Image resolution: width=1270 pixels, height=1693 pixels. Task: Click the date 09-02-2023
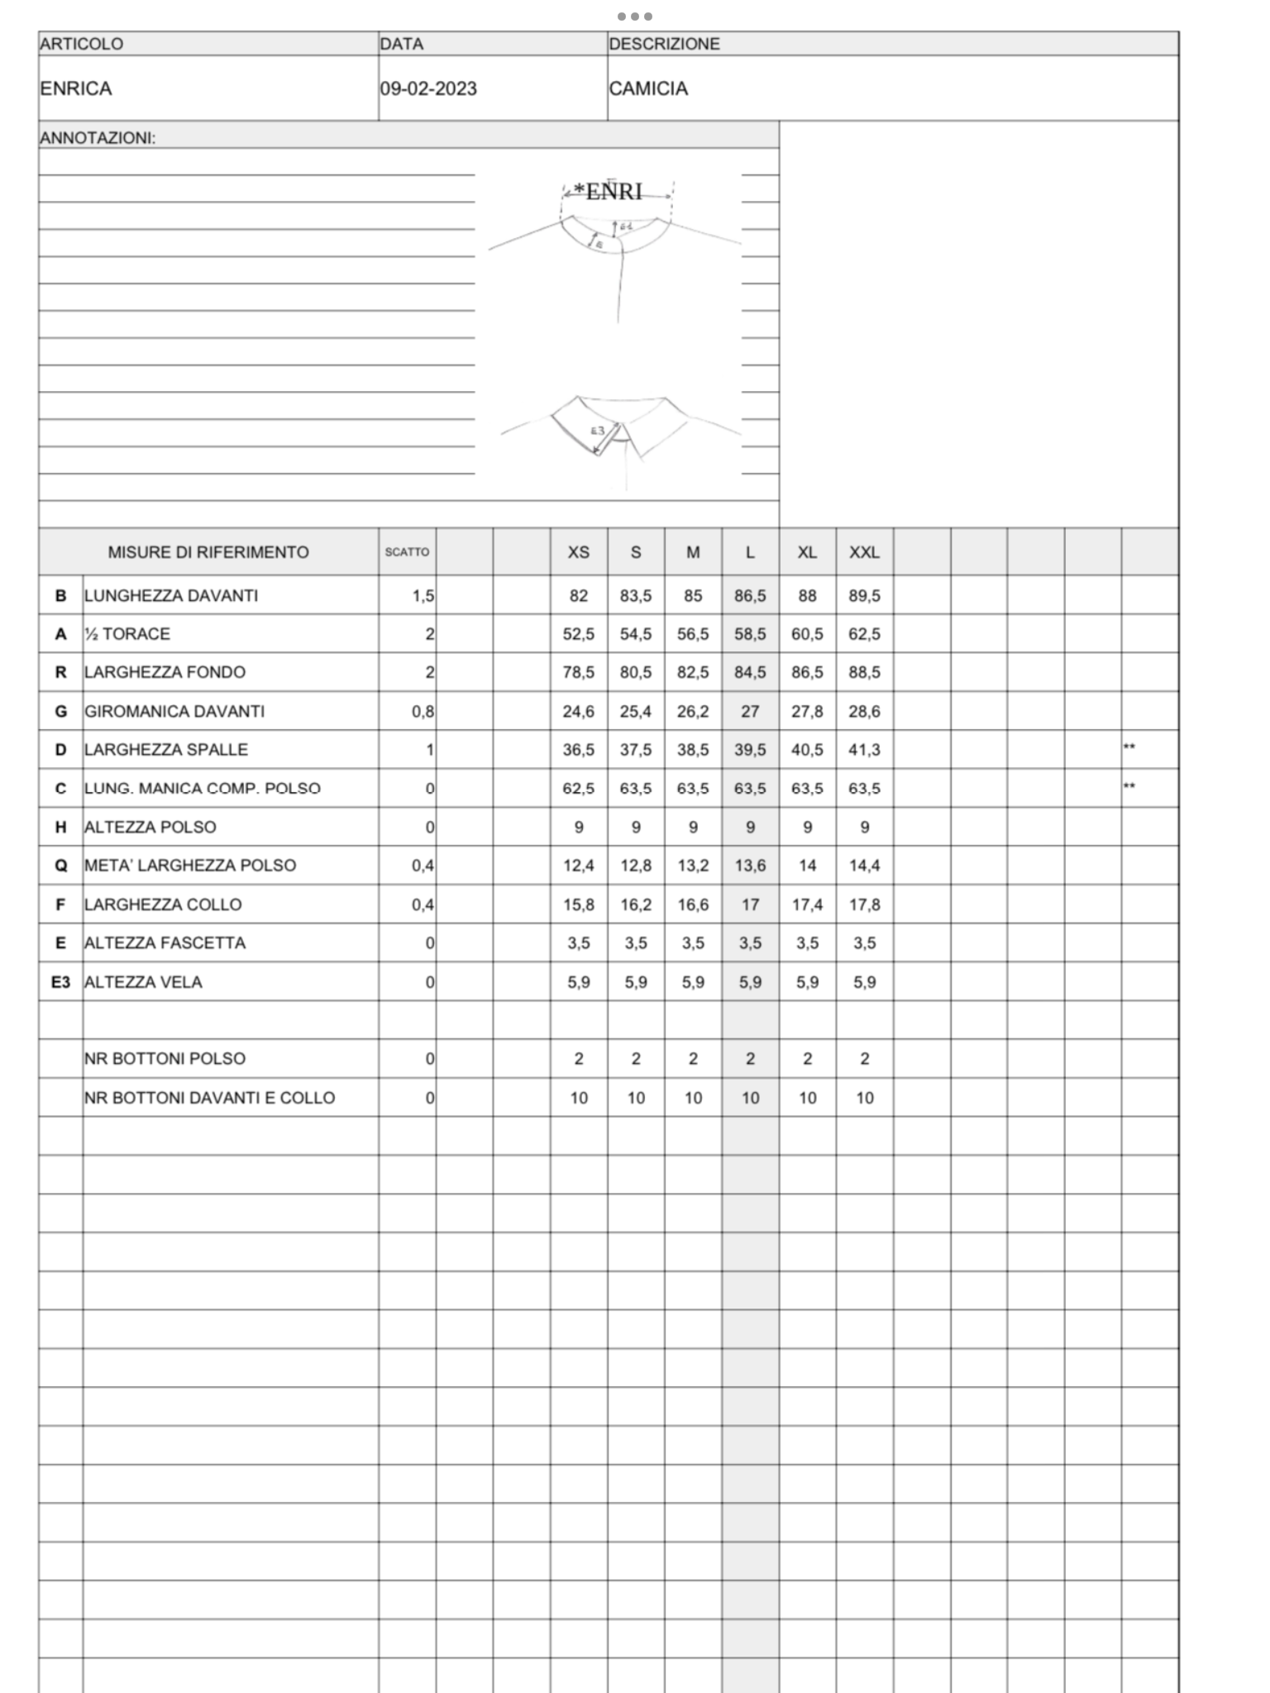point(428,88)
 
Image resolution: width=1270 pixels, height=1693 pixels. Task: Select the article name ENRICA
point(75,88)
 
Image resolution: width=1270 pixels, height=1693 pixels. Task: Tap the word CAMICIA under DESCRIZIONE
point(648,88)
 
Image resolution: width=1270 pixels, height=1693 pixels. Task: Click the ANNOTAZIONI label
point(98,138)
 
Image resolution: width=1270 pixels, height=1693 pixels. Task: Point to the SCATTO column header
point(407,552)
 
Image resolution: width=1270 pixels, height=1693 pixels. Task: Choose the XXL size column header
point(864,552)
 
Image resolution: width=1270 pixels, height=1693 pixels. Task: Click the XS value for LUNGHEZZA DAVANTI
point(579,596)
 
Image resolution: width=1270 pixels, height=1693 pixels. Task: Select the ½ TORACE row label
point(127,634)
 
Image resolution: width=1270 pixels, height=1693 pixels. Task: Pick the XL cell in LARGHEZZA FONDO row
point(807,672)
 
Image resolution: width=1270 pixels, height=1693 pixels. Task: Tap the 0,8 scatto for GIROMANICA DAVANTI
point(423,711)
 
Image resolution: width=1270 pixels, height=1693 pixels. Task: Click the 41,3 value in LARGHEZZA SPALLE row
point(864,750)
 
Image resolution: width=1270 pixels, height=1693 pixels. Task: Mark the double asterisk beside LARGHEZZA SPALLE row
point(1129,748)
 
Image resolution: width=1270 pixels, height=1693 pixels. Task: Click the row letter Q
point(60,866)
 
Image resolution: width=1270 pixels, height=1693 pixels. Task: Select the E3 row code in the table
point(60,982)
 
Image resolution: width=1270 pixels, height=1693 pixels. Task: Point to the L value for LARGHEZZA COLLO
point(750,904)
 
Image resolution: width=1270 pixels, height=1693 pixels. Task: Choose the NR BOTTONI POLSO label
point(165,1059)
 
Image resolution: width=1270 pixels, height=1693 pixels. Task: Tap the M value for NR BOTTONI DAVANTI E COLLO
point(693,1098)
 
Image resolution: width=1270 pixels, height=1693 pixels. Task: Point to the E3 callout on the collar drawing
point(597,430)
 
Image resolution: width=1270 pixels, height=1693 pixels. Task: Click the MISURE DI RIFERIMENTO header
point(208,552)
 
